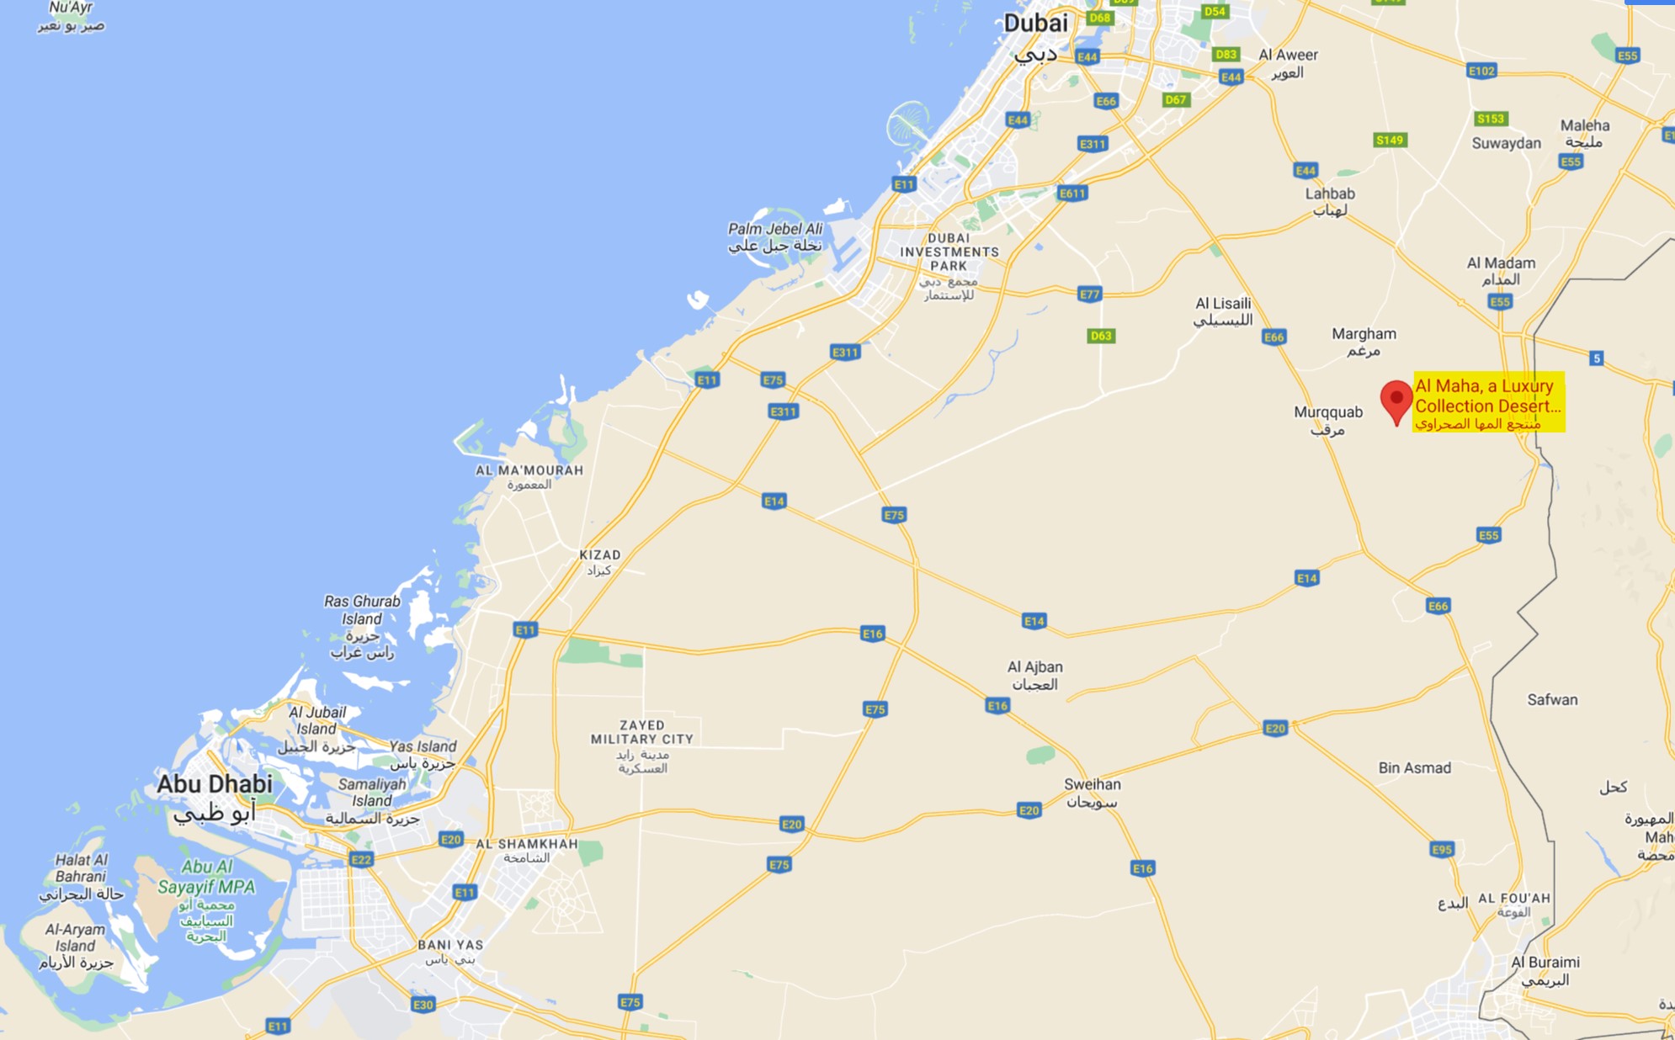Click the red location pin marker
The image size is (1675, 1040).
1396,401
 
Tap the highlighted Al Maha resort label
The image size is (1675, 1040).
1488,402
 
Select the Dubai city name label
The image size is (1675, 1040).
1035,24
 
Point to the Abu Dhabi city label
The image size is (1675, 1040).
215,784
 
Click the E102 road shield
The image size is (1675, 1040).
1481,71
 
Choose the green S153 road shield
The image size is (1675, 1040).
1490,119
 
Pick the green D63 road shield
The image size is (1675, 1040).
1101,336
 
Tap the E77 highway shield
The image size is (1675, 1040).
1090,294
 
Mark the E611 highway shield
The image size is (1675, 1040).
1072,193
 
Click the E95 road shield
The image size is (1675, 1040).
1442,849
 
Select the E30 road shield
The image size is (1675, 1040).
423,1004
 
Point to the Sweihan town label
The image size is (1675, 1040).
1092,784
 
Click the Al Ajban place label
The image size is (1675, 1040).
1034,667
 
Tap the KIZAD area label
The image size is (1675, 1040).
599,555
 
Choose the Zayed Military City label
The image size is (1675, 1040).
642,732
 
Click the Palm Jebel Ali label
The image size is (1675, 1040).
774,229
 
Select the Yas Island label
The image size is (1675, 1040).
423,746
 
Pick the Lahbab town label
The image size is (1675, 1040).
1330,194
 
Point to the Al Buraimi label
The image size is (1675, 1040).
1545,962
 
